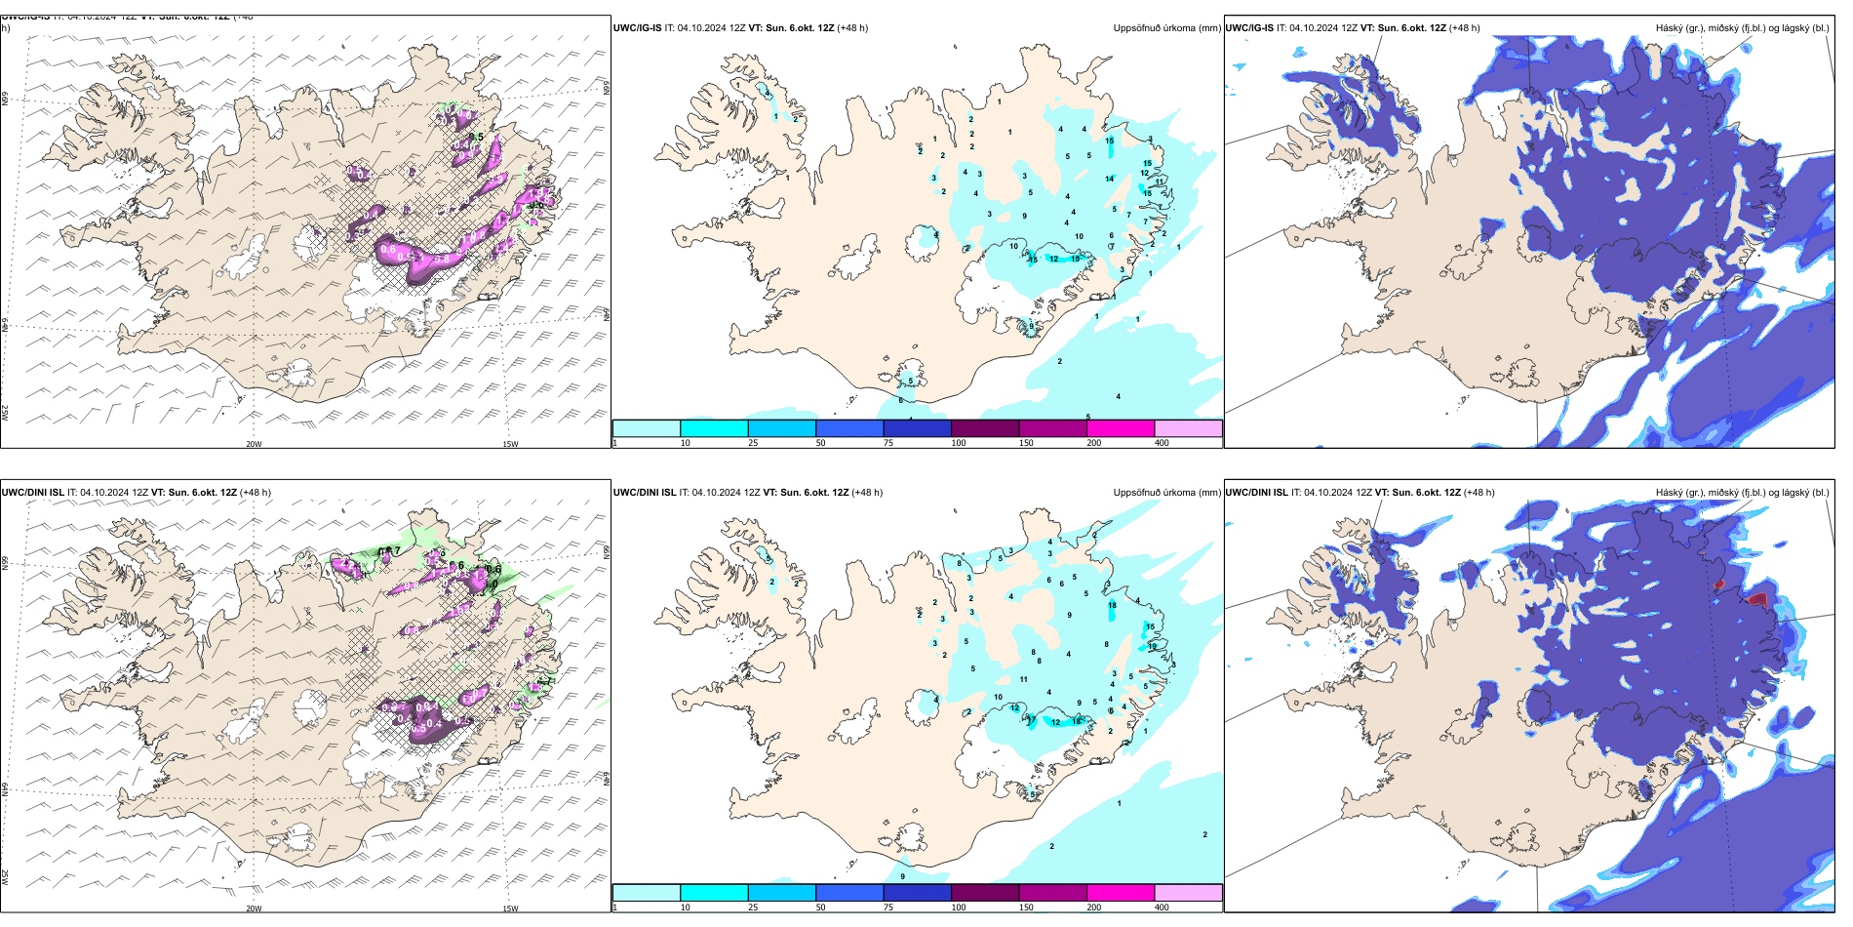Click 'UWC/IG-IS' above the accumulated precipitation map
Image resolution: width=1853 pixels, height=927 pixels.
click(x=637, y=27)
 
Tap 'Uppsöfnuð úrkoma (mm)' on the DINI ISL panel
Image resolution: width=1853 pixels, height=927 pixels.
click(x=1166, y=492)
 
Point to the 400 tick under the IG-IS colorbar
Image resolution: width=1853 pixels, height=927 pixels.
click(x=1162, y=443)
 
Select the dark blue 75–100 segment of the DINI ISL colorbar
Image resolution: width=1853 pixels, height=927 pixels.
click(x=917, y=893)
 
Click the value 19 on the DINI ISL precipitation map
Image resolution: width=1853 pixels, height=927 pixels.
click(x=1153, y=646)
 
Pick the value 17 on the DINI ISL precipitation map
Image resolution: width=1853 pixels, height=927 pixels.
click(x=1031, y=719)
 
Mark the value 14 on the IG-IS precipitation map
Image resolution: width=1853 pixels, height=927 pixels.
click(x=1110, y=179)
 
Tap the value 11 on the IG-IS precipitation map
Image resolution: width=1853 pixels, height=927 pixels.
click(x=1160, y=181)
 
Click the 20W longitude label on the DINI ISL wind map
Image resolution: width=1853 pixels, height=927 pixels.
click(x=254, y=908)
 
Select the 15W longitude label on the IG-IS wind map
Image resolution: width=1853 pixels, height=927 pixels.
click(x=510, y=445)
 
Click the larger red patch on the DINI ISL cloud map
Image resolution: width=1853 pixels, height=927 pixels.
click(x=1757, y=598)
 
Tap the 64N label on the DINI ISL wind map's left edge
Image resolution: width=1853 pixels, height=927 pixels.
click(x=5, y=788)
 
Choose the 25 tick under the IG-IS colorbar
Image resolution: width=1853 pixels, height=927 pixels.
click(x=753, y=443)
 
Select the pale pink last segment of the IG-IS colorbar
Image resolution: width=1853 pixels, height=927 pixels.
click(x=1188, y=428)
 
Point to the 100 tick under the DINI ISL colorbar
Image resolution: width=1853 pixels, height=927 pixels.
click(x=959, y=907)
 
